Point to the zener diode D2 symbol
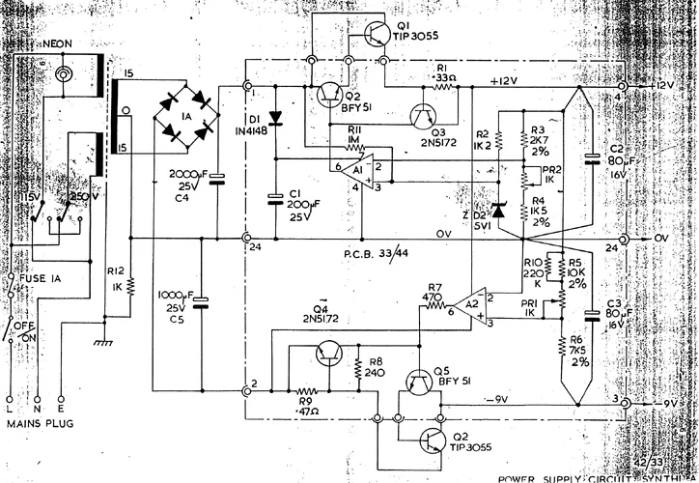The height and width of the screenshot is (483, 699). [498, 210]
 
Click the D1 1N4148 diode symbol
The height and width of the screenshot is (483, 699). [277, 120]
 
